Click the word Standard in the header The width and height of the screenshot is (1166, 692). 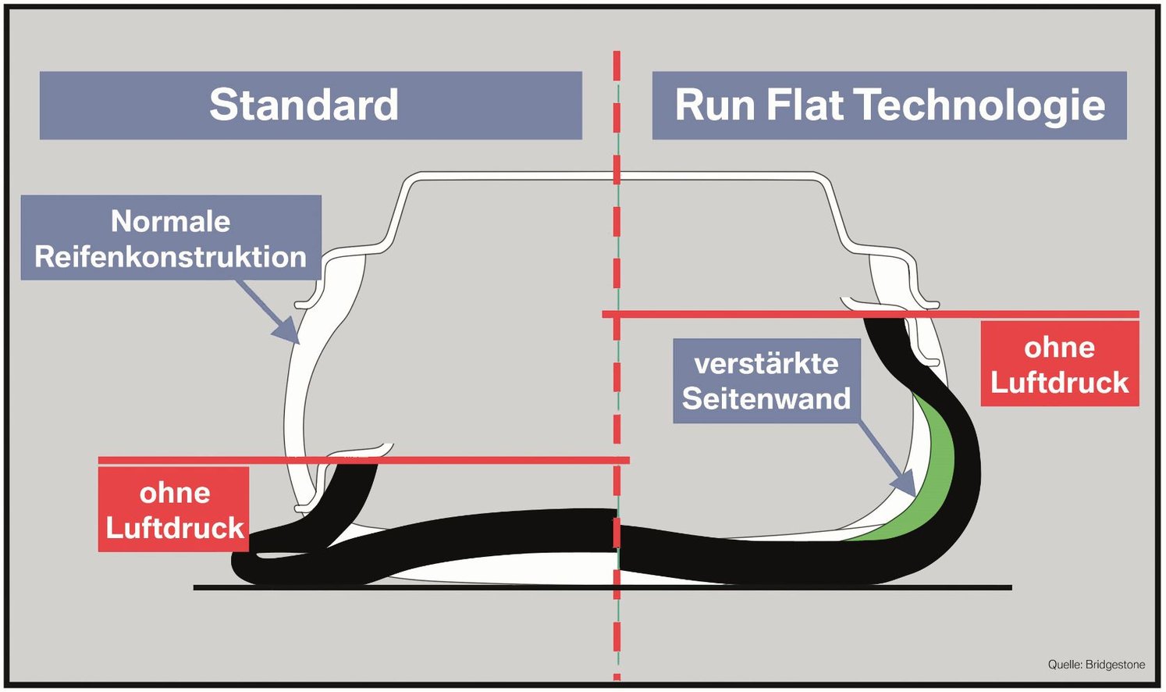tap(304, 105)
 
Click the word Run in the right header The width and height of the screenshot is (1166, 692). tap(715, 105)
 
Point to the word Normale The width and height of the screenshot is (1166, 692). tap(170, 221)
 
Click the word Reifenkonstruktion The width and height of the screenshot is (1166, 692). tap(170, 257)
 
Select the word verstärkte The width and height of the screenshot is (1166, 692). tap(766, 363)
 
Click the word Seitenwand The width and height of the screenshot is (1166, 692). tap(766, 399)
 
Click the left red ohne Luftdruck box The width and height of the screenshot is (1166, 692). tap(174, 510)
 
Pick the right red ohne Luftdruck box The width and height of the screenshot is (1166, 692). tap(1059, 364)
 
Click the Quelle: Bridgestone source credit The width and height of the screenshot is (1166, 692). tap(1096, 665)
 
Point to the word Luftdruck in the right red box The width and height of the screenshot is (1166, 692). tap(1059, 383)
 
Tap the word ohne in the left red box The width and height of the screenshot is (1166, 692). tap(174, 493)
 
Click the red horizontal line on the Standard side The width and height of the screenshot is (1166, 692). tap(468, 460)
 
